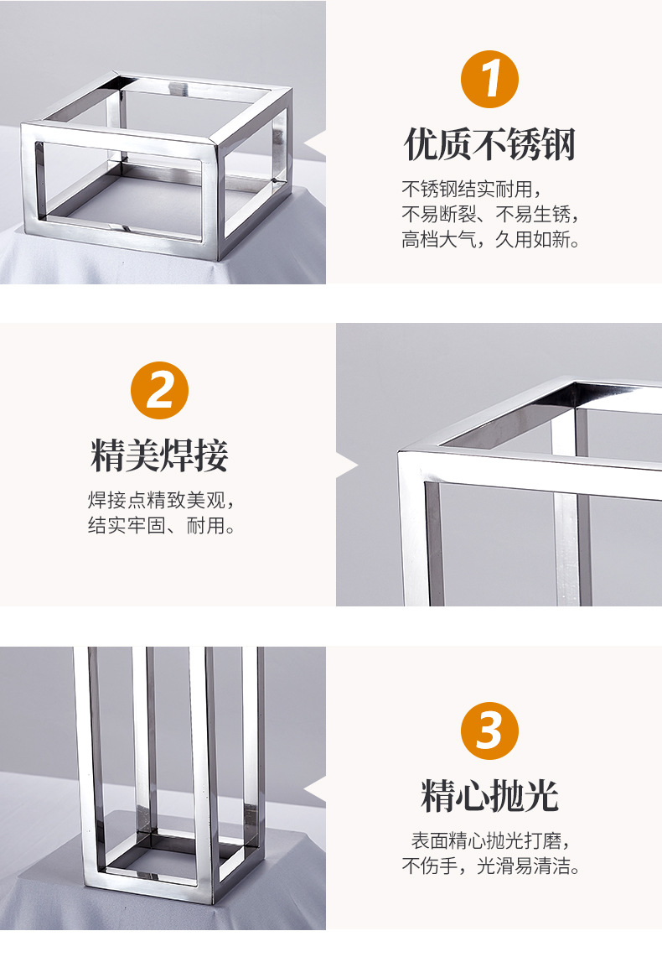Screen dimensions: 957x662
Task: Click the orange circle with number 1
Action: (x=490, y=80)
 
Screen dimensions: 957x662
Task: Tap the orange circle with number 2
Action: (x=160, y=391)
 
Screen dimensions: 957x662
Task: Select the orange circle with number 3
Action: (x=490, y=731)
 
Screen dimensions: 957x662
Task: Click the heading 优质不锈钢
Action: (x=490, y=144)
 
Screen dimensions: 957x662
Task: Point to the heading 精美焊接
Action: (x=160, y=456)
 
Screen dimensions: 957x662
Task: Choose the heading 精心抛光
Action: (x=490, y=796)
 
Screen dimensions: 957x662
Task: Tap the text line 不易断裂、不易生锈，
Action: (x=490, y=214)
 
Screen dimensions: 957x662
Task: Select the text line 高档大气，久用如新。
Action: (x=490, y=241)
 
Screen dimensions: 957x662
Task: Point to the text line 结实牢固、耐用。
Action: (x=160, y=527)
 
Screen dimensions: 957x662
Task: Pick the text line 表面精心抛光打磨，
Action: (x=490, y=840)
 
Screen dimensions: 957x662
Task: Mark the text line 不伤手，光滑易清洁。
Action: (x=490, y=866)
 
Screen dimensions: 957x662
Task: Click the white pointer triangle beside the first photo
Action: (x=316, y=148)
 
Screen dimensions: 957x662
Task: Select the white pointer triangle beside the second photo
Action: (x=346, y=465)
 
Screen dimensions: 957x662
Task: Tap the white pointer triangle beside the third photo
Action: (x=316, y=789)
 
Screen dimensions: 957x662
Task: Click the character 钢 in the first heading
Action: (x=559, y=144)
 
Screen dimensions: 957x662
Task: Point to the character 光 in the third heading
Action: (x=541, y=796)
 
